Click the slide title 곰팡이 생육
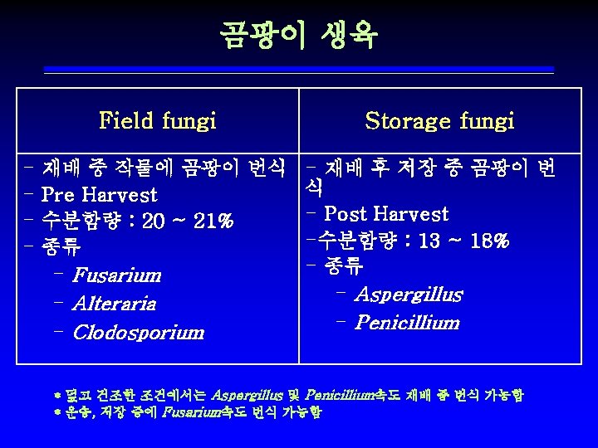(298, 35)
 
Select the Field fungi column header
(158, 121)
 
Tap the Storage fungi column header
(439, 121)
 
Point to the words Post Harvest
(386, 214)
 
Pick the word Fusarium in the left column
(116, 275)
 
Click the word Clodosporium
(139, 333)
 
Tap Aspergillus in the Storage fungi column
(409, 295)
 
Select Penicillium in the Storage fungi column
(406, 323)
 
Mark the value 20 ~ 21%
(188, 222)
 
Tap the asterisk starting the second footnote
(58, 411)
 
